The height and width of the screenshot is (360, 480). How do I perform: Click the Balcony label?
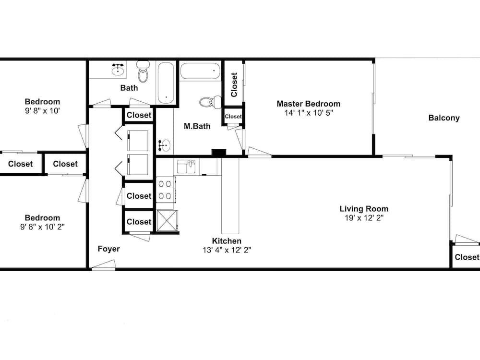pyautogui.click(x=444, y=118)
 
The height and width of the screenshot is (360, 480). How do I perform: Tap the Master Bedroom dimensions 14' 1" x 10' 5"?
pyautogui.click(x=309, y=113)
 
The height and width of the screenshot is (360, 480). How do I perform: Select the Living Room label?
pyautogui.click(x=364, y=209)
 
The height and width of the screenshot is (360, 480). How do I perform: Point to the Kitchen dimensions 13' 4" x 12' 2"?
pyautogui.click(x=227, y=250)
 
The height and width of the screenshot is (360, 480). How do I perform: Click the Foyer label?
pyautogui.click(x=108, y=249)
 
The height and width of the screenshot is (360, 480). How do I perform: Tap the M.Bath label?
pyautogui.click(x=197, y=126)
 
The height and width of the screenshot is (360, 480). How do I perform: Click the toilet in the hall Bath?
pyautogui.click(x=143, y=72)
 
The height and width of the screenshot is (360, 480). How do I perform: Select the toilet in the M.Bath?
pyautogui.click(x=210, y=102)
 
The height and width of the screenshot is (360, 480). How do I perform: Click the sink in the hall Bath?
pyautogui.click(x=118, y=70)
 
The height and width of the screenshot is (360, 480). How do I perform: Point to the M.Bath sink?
pyautogui.click(x=164, y=145)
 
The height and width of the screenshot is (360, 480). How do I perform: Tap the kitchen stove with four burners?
pyautogui.click(x=166, y=190)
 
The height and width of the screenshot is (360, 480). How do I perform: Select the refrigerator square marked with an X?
pyautogui.click(x=167, y=221)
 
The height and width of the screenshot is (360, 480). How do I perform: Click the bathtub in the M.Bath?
pyautogui.click(x=200, y=71)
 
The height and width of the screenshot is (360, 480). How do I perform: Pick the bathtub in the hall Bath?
pyautogui.click(x=166, y=83)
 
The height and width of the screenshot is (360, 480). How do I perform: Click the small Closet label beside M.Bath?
pyautogui.click(x=233, y=116)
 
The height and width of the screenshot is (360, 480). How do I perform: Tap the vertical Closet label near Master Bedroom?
pyautogui.click(x=234, y=85)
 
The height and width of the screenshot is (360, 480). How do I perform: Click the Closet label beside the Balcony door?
pyautogui.click(x=467, y=257)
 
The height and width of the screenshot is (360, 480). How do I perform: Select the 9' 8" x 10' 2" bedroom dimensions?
pyautogui.click(x=42, y=227)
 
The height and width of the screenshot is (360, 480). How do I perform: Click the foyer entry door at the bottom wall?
pyautogui.click(x=104, y=266)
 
